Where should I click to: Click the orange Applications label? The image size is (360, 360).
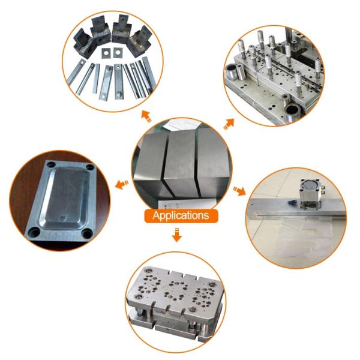[181, 215]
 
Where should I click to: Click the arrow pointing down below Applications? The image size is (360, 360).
[177, 235]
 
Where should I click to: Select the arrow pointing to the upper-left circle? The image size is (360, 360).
[146, 116]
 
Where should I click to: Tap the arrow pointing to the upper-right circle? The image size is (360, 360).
[229, 124]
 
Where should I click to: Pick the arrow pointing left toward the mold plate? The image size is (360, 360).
[121, 185]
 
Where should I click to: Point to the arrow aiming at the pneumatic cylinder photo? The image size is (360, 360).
[239, 191]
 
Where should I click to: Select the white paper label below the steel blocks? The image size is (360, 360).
[187, 204]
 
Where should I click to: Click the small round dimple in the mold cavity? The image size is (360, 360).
[62, 218]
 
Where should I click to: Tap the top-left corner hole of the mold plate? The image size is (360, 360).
[52, 164]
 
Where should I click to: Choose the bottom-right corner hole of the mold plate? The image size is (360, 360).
[87, 234]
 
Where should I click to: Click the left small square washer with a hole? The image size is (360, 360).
[106, 53]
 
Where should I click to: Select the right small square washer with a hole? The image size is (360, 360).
[118, 53]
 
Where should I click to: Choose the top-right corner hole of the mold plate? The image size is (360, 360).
[90, 167]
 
